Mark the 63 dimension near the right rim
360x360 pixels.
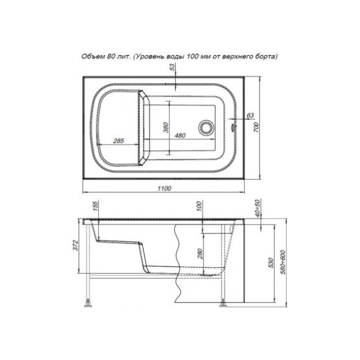click(250, 115)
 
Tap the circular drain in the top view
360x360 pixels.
click(206, 127)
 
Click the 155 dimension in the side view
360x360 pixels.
click(95, 208)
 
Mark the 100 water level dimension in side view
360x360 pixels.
click(199, 208)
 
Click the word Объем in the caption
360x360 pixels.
click(93, 56)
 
